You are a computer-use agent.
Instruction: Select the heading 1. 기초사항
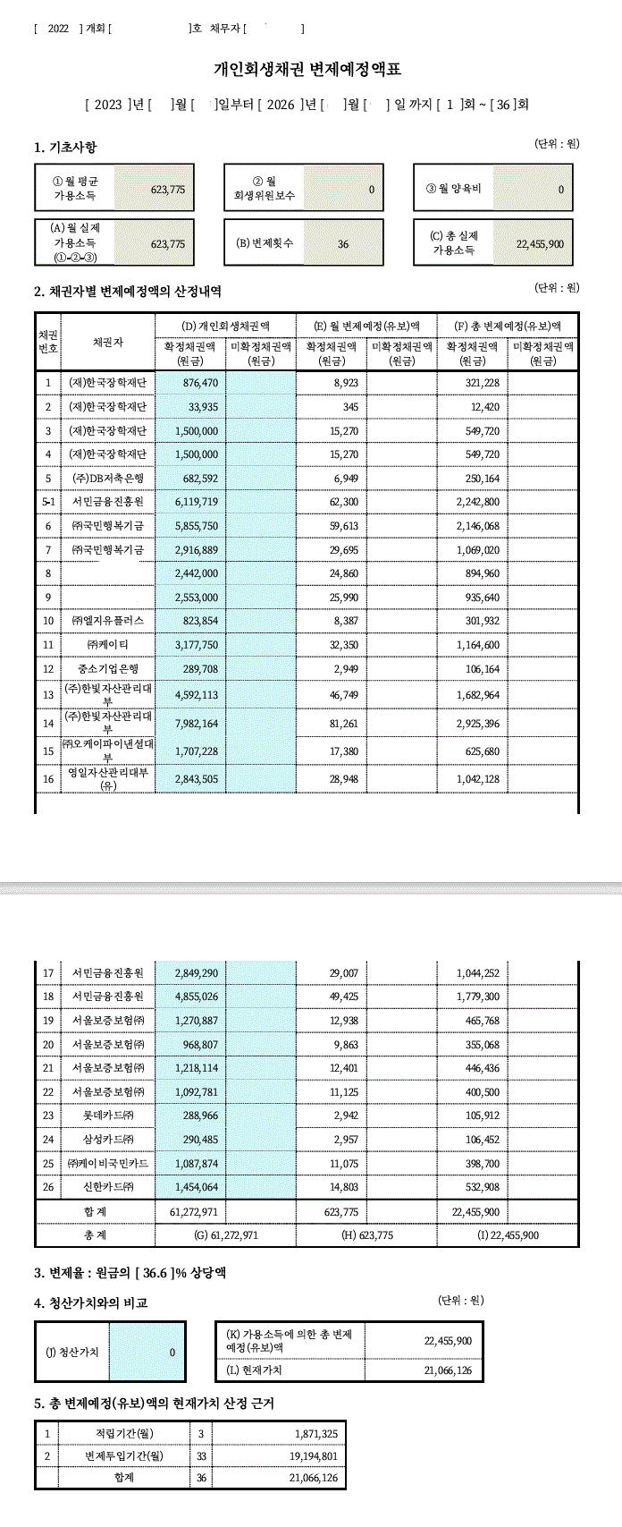[65, 148]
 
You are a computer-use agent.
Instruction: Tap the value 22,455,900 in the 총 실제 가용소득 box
[540, 243]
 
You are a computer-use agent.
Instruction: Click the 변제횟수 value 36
[343, 243]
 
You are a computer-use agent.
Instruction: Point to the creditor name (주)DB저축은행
[107, 479]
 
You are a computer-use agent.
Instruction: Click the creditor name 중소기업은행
[107, 668]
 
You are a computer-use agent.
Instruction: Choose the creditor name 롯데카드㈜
[107, 1116]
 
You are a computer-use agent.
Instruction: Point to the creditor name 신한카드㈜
[107, 1187]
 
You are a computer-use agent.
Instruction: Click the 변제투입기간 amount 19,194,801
[313, 1456]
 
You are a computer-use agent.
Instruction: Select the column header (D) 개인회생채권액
[225, 326]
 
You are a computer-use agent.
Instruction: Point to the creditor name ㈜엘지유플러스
[107, 621]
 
